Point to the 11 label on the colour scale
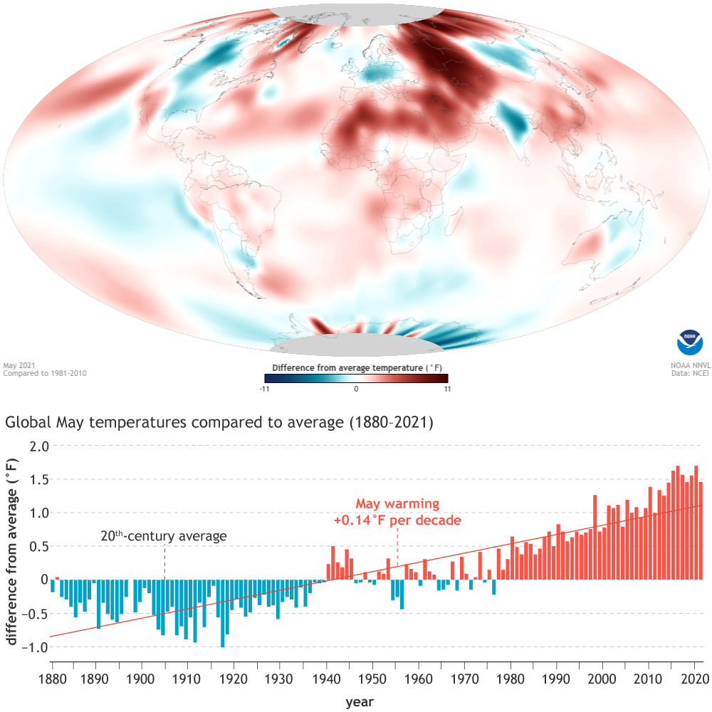tap(444, 389)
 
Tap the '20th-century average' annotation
tap(164, 536)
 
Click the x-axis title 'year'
tap(360, 702)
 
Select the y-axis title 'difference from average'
tap(11, 552)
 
